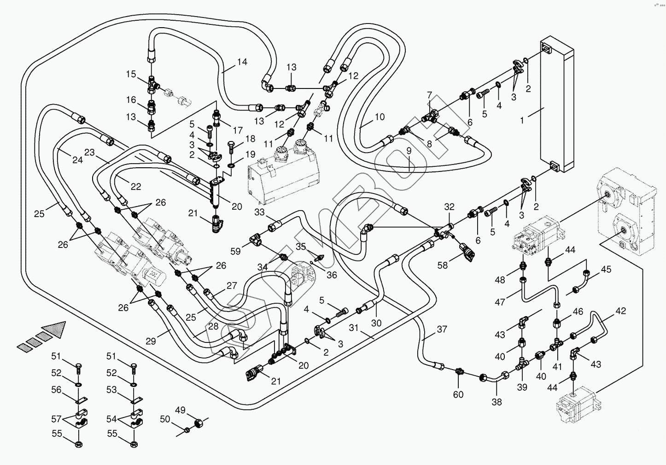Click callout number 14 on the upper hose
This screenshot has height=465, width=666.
242,62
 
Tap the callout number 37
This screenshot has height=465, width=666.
442,329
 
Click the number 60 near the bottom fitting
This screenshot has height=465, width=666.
458,394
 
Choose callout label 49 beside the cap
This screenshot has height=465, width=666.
180,410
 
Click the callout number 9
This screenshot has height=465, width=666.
409,151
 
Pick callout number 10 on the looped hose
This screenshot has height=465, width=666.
379,117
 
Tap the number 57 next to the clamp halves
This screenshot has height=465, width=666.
56,419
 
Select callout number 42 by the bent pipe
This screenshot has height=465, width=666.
620,311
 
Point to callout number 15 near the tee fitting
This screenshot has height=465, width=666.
131,74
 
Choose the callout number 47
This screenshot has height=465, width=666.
500,302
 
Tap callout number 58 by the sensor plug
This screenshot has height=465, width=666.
442,265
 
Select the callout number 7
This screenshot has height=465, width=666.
429,95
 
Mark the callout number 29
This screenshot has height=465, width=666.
151,341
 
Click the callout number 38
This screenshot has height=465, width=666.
497,402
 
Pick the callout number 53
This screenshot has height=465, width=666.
111,390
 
